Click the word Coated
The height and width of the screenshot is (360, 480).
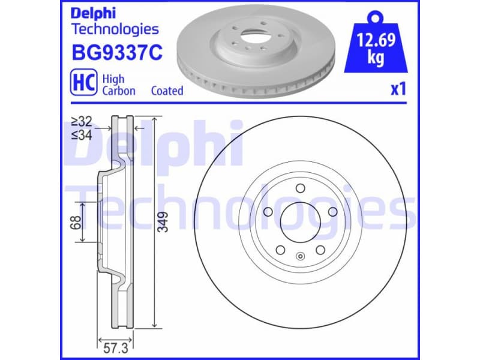point(167,91)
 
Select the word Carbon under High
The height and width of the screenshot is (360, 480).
point(119,91)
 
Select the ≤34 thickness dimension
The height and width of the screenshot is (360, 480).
point(82,136)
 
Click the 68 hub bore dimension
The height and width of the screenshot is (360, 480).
point(75,223)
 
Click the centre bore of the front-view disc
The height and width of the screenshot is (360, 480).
point(301,223)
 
